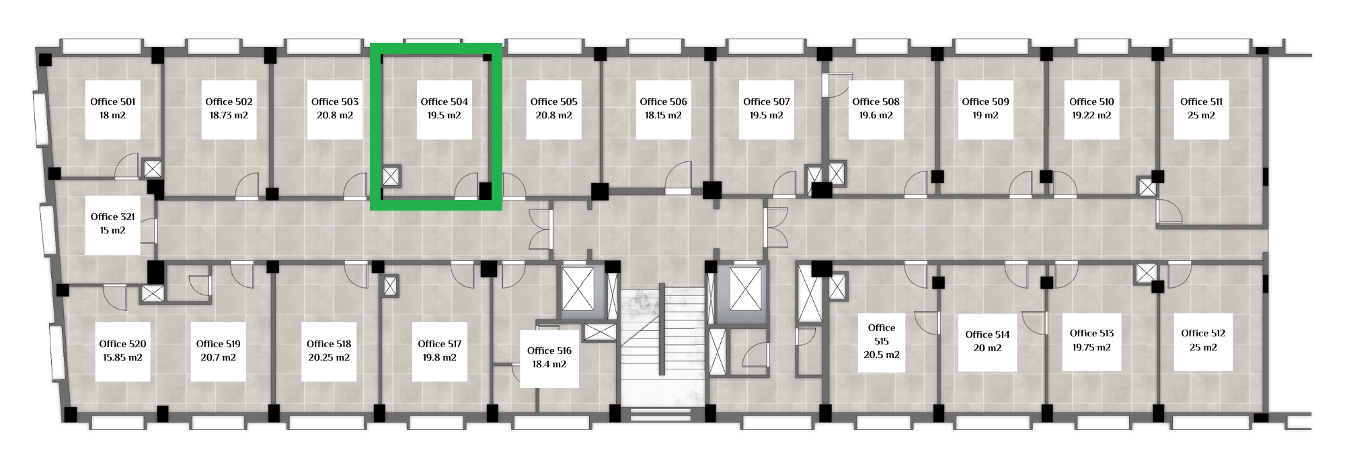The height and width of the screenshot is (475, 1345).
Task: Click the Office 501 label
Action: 113,102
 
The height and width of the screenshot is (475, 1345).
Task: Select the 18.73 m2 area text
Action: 229,115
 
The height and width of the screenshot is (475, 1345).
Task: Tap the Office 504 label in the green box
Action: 444,102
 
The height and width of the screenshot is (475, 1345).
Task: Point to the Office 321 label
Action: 113,217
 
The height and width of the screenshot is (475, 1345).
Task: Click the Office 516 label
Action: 549,351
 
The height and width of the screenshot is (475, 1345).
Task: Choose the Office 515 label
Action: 882,334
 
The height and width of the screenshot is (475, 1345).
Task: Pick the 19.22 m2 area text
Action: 1091,115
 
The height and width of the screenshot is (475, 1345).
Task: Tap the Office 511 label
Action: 1201,102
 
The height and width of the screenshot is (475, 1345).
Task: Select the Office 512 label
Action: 1203,333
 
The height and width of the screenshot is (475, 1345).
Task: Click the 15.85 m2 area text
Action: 122,357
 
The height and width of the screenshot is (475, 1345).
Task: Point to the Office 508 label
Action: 876,102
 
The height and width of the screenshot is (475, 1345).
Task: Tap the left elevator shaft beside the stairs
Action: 578,289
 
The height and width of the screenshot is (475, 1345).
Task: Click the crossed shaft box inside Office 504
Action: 391,176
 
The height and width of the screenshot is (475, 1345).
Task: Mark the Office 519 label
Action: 219,344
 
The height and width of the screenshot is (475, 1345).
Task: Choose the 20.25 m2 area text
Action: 329,357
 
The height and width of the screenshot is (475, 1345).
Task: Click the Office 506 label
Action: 663,102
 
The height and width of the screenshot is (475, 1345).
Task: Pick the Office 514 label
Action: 987,334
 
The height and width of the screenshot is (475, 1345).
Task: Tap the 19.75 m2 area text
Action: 1091,347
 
